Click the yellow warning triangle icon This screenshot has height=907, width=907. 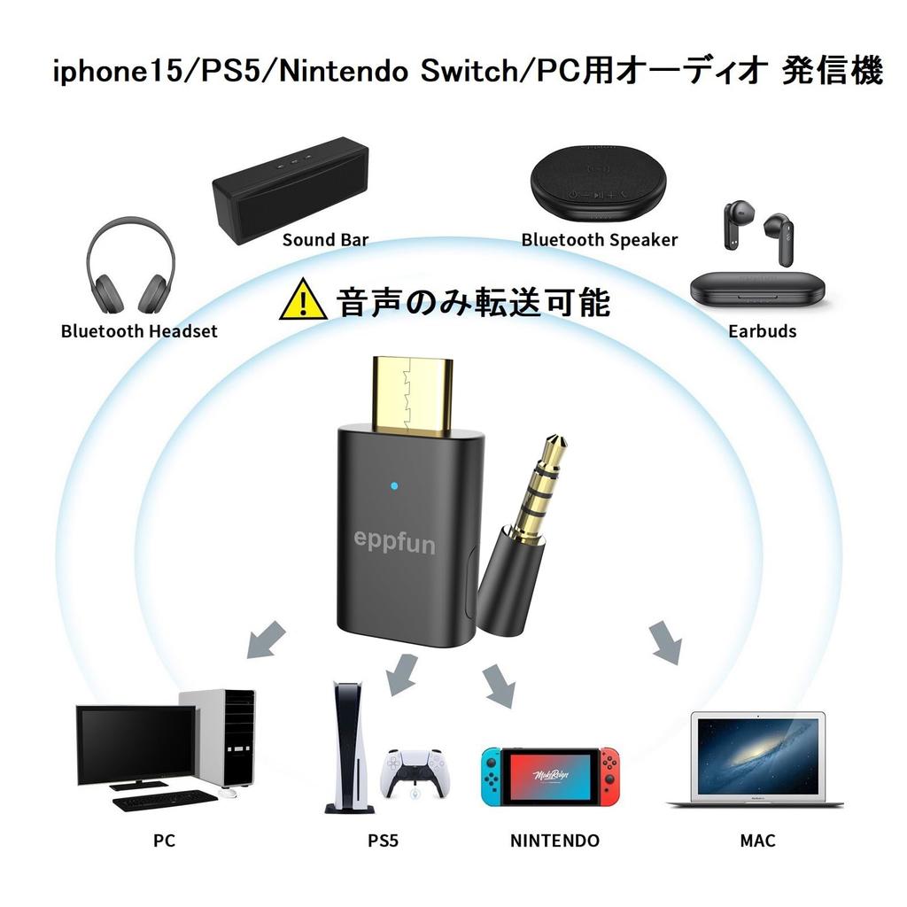point(303,300)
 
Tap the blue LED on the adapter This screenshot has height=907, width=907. point(394,485)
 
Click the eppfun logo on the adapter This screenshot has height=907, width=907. point(394,543)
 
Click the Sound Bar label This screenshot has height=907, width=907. point(325,239)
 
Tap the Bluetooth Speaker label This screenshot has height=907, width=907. point(600,239)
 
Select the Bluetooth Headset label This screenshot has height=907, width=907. point(139,331)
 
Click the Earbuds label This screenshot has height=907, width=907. point(763,331)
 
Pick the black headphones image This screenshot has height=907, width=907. point(131,266)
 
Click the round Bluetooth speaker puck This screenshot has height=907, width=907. point(598,182)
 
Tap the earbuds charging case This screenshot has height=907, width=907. point(758,290)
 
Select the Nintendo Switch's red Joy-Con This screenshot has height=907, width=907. point(609,776)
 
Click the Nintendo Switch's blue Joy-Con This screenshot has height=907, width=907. point(492,776)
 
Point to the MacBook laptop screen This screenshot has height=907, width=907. point(758,756)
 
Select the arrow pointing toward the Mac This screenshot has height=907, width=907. point(666,643)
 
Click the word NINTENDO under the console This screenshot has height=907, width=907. point(554,841)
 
